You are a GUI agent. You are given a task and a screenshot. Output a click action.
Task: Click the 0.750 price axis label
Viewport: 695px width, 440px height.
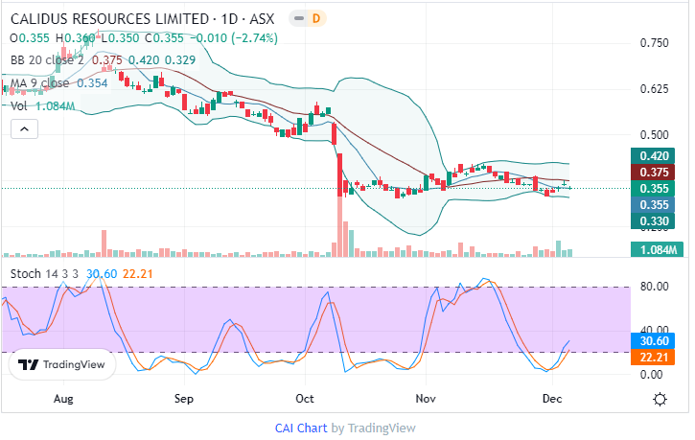click(654, 43)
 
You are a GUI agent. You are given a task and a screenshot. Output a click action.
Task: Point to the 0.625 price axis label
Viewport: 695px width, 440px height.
click(654, 89)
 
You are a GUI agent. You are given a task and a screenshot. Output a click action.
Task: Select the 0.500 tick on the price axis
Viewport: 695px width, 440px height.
click(654, 135)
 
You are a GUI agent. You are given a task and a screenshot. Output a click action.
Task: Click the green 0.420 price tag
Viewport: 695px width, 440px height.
click(654, 156)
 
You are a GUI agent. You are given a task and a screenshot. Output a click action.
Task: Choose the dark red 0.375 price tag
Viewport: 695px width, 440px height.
click(654, 172)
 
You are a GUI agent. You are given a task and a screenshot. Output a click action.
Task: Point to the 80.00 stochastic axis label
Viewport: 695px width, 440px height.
click(654, 286)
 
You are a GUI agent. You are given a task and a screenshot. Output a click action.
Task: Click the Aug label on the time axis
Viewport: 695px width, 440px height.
click(63, 397)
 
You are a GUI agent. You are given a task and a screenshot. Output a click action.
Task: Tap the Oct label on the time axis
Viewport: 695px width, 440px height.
click(305, 397)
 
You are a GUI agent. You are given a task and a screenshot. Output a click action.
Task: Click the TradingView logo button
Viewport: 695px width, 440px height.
click(62, 364)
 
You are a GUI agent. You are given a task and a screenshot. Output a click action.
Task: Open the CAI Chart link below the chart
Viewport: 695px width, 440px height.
click(301, 428)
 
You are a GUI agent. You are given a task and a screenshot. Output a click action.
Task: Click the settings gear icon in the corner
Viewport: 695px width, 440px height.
click(660, 398)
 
